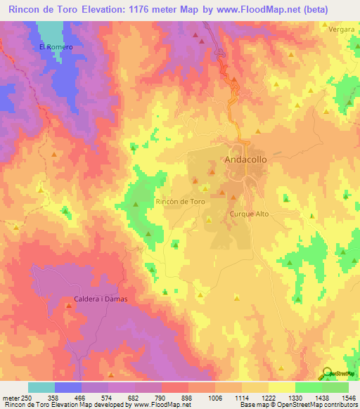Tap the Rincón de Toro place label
click(180, 202)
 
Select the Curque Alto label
click(250, 214)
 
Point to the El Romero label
click(56, 47)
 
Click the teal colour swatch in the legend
click(41, 387)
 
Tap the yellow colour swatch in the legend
click(282, 387)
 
